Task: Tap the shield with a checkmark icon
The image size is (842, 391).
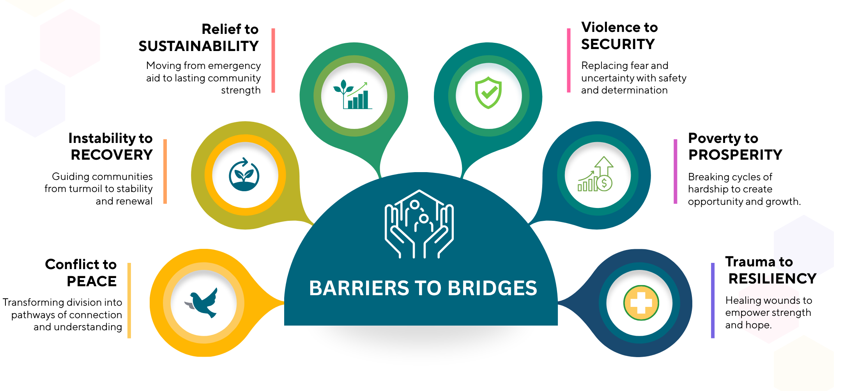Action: point(488,93)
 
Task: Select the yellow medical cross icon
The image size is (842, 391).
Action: point(641,303)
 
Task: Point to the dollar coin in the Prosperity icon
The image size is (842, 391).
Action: point(604,183)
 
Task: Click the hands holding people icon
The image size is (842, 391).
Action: point(419,224)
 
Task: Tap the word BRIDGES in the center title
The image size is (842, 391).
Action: point(492,288)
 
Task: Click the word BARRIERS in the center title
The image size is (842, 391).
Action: point(358,288)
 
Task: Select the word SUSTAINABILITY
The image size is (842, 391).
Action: point(198,46)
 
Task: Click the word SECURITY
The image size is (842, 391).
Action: point(618,44)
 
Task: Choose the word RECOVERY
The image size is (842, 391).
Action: point(111,155)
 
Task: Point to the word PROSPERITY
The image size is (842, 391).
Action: point(735,155)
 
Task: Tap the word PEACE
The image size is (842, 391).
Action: point(92,281)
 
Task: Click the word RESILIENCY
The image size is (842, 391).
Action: point(772,279)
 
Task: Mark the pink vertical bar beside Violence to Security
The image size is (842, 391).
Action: point(568,60)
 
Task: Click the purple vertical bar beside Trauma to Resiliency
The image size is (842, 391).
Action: point(713,300)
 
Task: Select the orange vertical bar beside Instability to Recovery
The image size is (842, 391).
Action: point(165,171)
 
